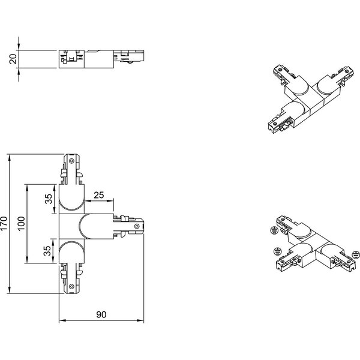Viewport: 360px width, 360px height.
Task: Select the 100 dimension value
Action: (22, 225)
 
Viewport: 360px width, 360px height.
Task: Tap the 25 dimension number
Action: (99, 194)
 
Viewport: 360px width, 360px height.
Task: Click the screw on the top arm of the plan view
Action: (72, 161)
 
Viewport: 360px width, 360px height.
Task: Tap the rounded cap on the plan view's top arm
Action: (72, 198)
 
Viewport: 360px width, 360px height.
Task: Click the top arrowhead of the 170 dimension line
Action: (10, 157)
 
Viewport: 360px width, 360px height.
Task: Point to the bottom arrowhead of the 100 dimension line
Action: (28, 262)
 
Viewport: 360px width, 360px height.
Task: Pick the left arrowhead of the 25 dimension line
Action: (87, 199)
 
